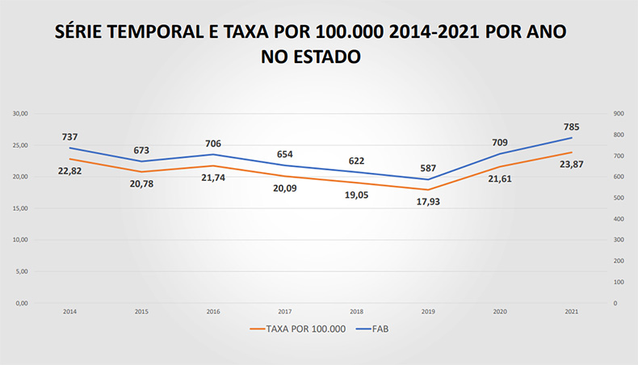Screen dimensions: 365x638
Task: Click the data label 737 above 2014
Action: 69,137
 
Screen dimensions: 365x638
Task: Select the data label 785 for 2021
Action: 571,127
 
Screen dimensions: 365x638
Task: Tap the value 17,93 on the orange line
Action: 428,201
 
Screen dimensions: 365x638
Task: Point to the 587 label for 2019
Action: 428,168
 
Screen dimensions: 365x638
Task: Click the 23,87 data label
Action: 571,164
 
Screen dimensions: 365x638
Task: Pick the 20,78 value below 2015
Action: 141,183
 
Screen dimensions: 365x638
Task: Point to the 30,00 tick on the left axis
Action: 20,114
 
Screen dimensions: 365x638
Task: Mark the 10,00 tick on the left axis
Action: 20,240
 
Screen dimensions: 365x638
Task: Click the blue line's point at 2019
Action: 428,179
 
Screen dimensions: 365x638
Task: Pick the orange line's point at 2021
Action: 571,153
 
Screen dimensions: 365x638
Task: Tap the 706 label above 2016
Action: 213,144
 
